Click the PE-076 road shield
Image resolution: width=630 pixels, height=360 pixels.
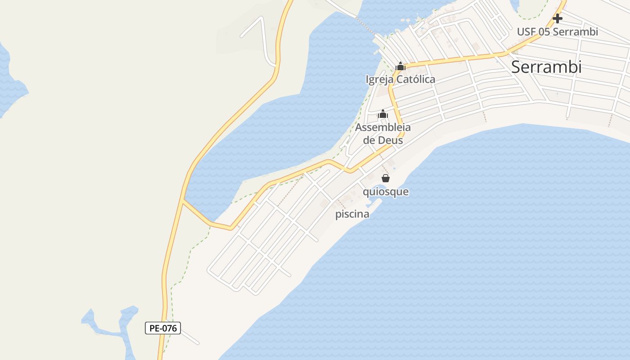coord(163,328)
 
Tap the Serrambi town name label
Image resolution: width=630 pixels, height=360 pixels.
coord(546,67)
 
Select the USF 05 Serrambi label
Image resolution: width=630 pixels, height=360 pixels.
coord(557,32)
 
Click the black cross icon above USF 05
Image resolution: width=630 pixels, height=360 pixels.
coord(558,18)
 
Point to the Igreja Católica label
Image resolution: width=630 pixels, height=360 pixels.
coord(400,80)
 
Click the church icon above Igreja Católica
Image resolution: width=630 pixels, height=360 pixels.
coord(400,67)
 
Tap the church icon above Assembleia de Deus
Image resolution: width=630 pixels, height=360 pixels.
coord(383,114)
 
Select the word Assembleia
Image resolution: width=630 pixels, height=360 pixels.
coord(383,127)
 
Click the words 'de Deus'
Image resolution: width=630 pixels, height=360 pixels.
coord(383,140)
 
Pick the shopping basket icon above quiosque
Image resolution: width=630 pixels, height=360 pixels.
coord(386,178)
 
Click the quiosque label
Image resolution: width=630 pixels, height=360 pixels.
coord(386,192)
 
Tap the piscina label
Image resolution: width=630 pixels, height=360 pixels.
coord(352,214)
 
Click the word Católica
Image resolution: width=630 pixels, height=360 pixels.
coord(415,80)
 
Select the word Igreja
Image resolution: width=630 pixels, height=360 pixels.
coord(379,80)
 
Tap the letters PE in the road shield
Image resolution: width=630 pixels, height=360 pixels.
coord(154,328)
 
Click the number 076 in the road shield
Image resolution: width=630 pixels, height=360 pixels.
coord(169,328)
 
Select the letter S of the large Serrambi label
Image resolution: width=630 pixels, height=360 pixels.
coord(517,67)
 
